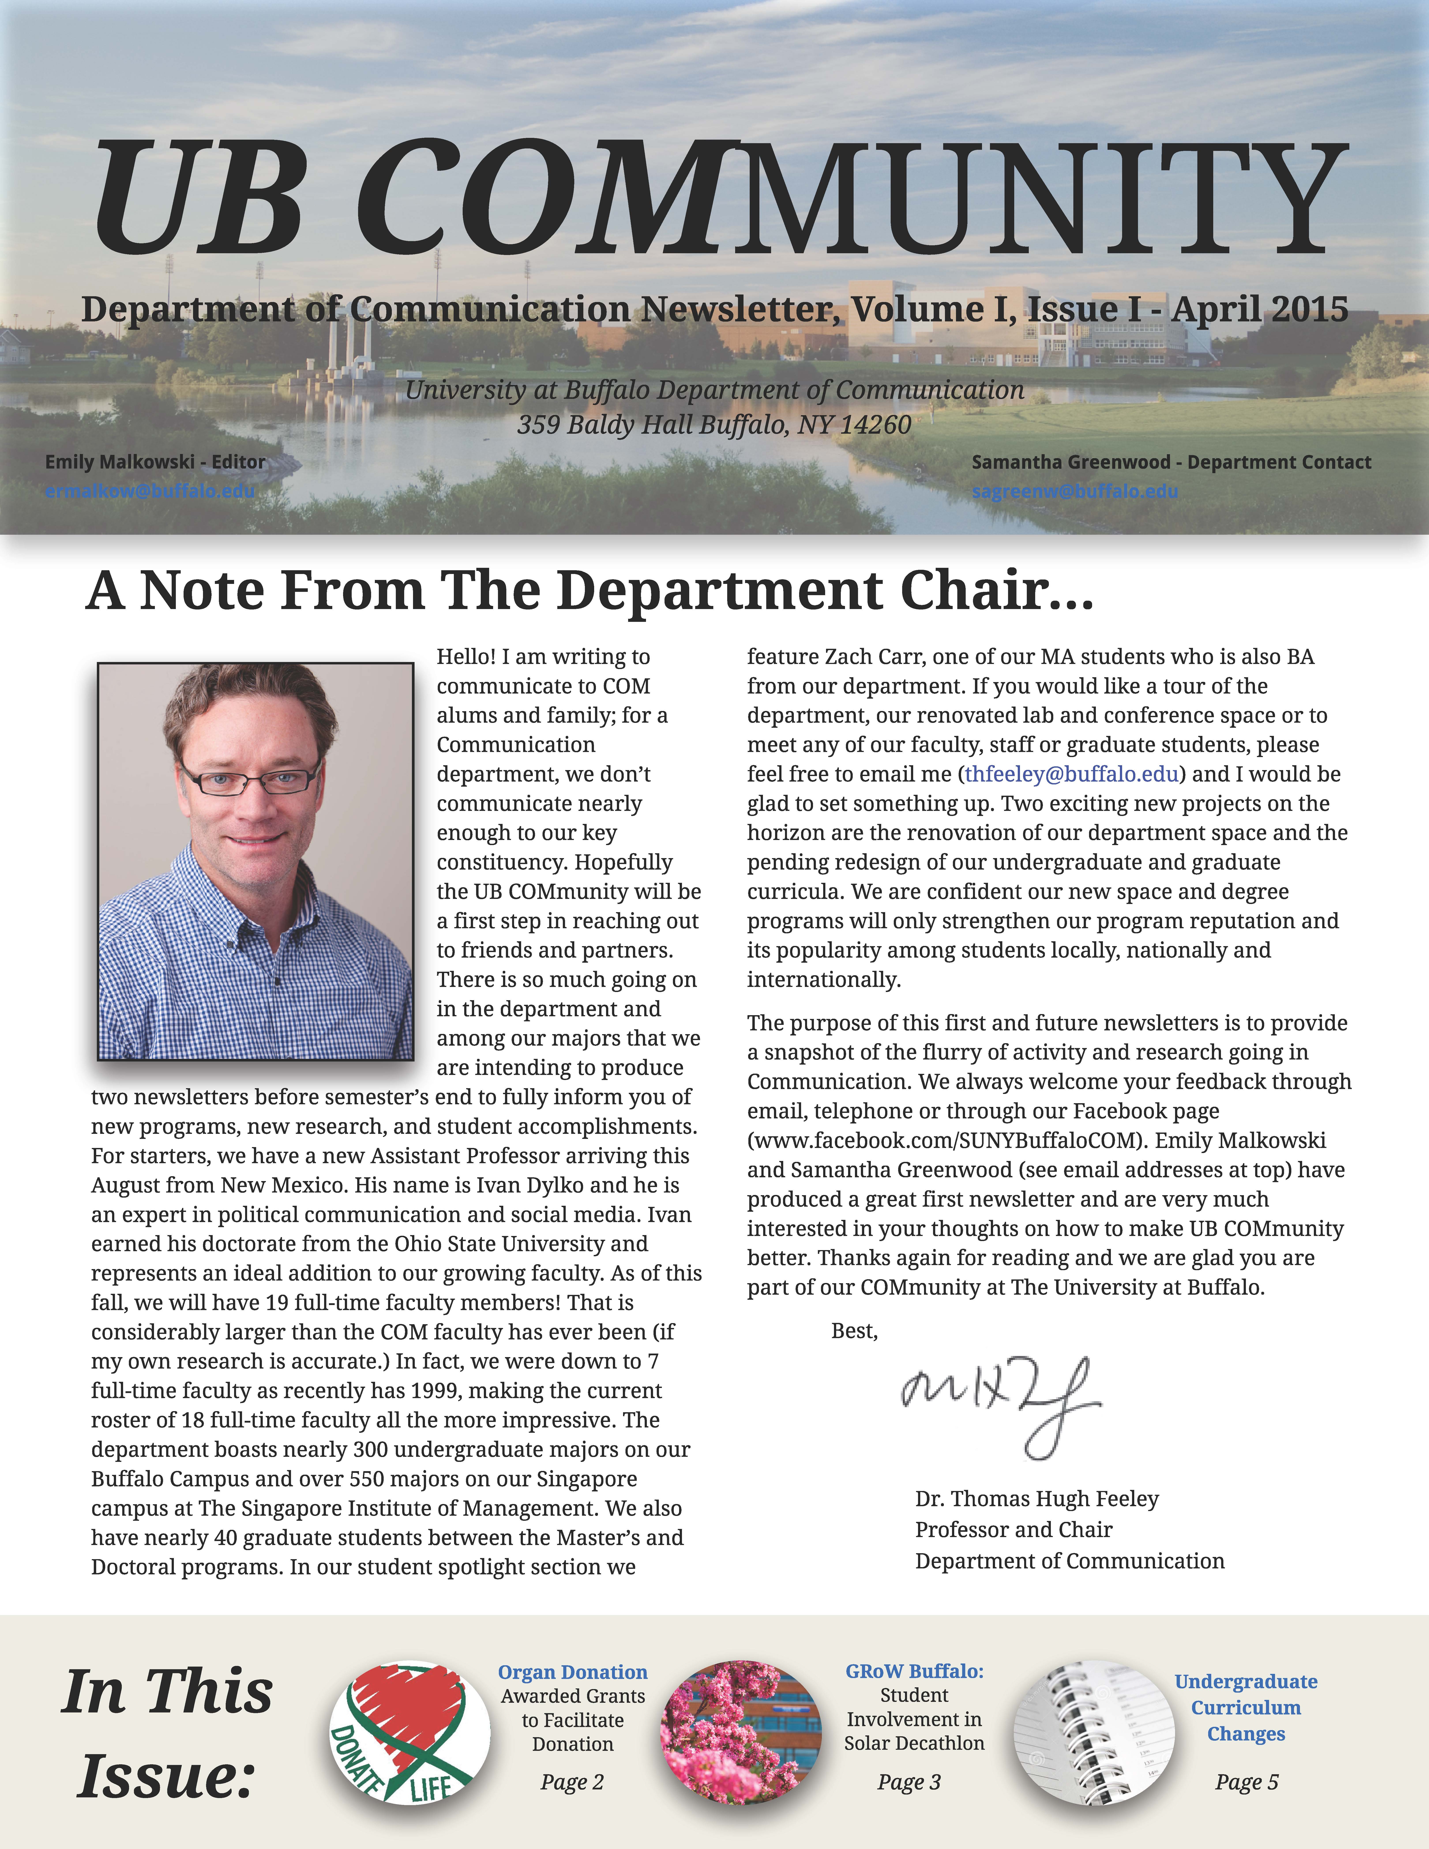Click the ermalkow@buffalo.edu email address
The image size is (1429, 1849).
pyautogui.click(x=150, y=491)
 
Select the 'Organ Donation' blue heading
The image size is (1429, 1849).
pyautogui.click(x=572, y=1672)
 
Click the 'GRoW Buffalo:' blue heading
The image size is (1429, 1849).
pyautogui.click(x=914, y=1671)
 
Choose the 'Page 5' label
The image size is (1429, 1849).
pyautogui.click(x=1246, y=1782)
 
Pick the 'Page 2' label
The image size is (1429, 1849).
pyautogui.click(x=572, y=1782)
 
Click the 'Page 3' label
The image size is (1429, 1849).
pyautogui.click(x=909, y=1782)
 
